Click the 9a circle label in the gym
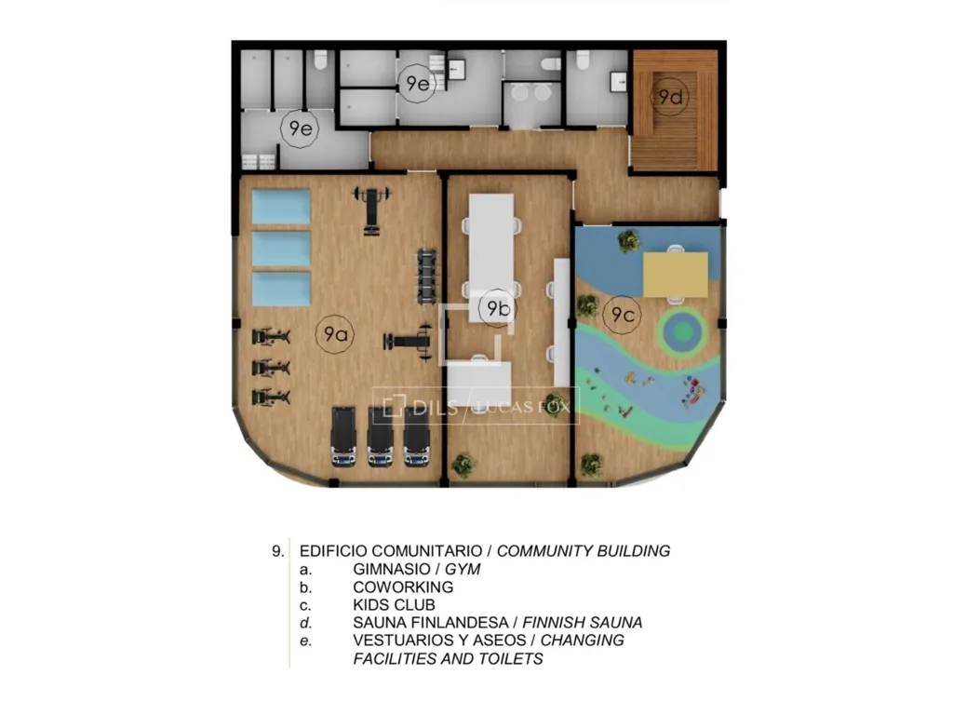[335, 333]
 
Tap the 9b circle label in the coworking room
[498, 308]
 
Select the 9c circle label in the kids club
[623, 315]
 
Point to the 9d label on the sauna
[670, 96]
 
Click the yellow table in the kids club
[676, 274]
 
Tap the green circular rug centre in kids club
[684, 332]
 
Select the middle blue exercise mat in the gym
[281, 250]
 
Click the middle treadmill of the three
[381, 437]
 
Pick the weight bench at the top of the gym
[371, 210]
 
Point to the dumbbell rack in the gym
[428, 276]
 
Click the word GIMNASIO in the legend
[392, 569]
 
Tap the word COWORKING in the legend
[403, 587]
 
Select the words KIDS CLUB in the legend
[394, 605]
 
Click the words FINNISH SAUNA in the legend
[583, 623]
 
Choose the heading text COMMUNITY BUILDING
[584, 551]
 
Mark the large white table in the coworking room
[491, 257]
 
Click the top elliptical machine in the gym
[271, 336]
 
